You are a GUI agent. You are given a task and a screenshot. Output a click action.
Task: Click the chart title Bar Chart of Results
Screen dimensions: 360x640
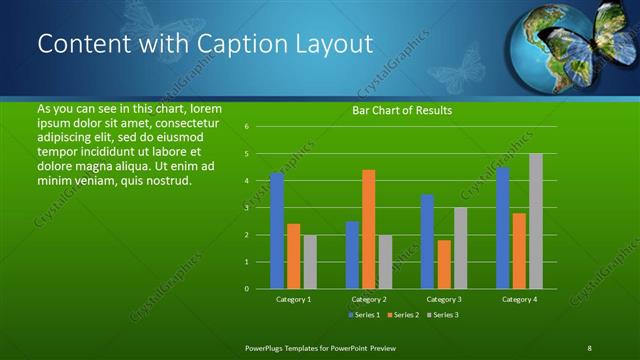coord(402,110)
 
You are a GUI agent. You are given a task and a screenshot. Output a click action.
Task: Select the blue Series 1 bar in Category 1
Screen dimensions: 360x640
coord(277,231)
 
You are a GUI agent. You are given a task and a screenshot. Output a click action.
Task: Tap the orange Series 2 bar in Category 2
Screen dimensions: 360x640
coord(369,229)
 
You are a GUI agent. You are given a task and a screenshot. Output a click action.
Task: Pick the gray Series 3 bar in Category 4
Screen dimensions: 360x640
coord(536,221)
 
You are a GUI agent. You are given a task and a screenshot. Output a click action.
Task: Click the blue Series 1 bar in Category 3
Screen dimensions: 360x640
coord(427,241)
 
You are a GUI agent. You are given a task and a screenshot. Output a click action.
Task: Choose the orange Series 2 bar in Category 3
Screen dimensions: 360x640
coord(444,264)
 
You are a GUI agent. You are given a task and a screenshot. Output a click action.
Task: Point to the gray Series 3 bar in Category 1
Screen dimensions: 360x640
coord(310,262)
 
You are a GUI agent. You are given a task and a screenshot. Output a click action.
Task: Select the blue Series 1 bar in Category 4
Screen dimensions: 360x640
coord(503,228)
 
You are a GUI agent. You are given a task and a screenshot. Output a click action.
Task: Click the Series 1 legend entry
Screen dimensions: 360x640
coord(363,314)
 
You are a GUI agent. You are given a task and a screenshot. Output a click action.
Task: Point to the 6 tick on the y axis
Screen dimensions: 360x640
coord(247,127)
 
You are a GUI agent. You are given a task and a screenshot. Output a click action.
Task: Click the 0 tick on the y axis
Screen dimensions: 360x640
coord(247,289)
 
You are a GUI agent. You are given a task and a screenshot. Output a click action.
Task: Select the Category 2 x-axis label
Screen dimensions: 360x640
coord(369,299)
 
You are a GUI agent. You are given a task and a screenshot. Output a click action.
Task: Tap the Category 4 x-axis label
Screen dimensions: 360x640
coord(519,299)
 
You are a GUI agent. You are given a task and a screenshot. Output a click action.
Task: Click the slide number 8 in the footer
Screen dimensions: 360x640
coord(589,347)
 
